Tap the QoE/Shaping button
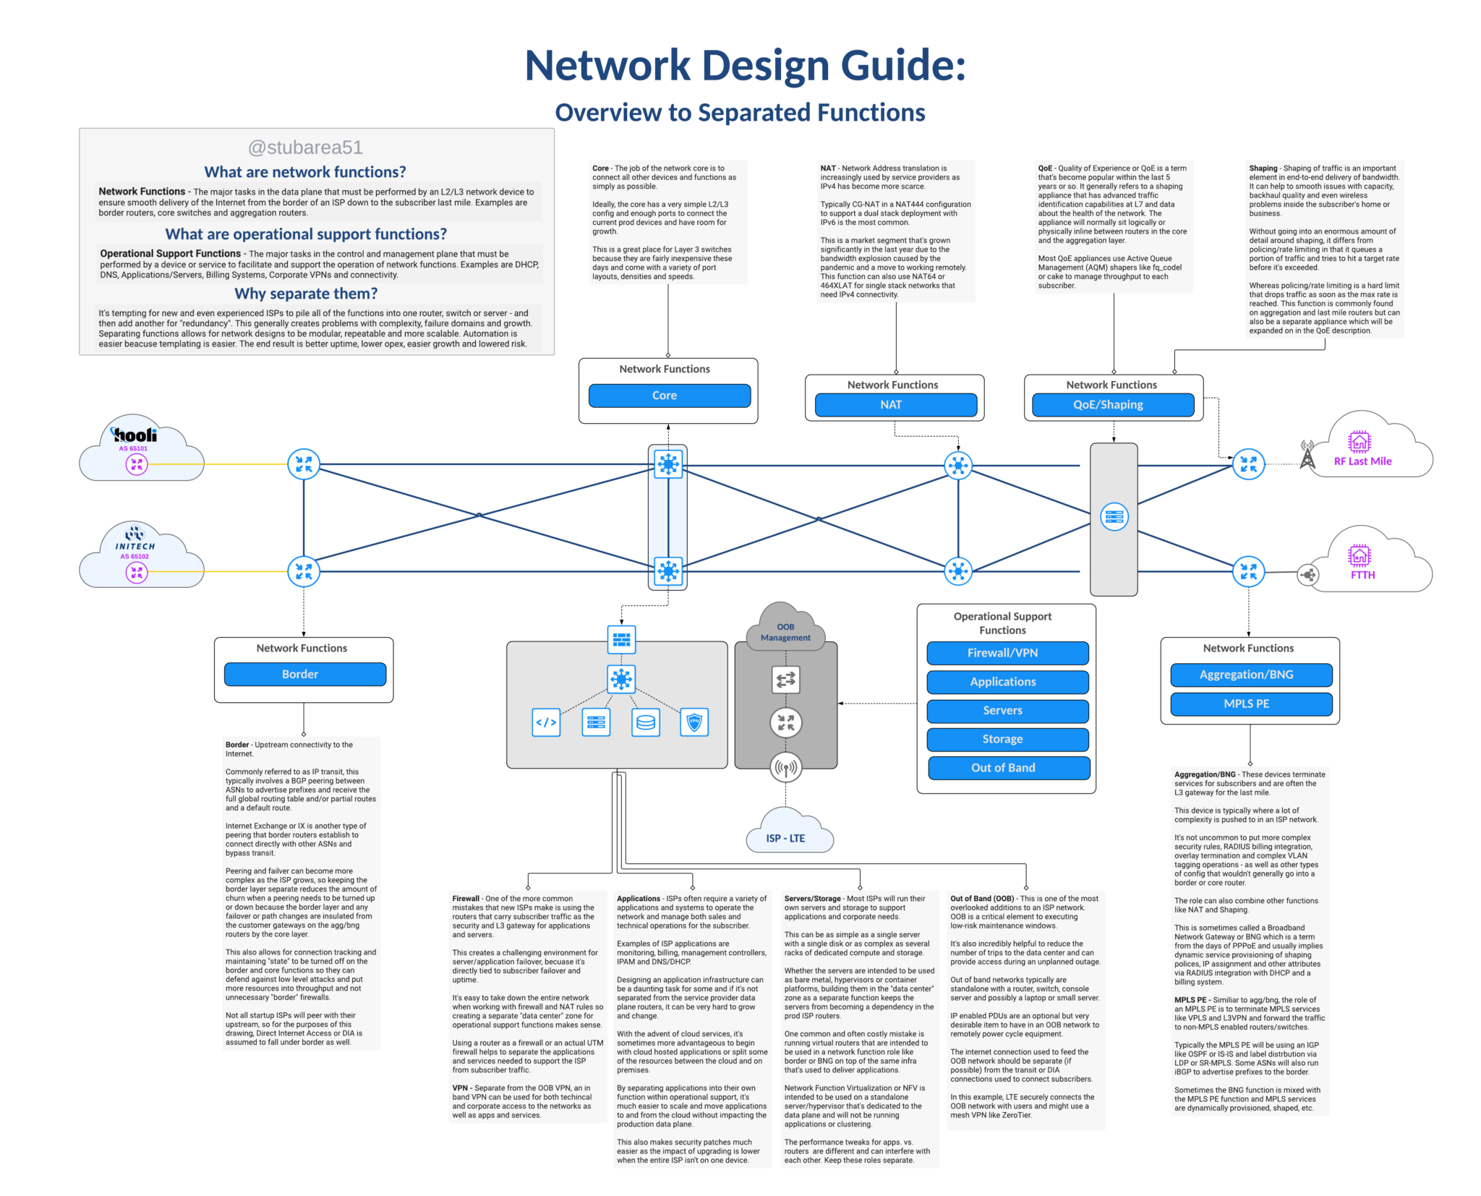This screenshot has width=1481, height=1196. pos(1112,405)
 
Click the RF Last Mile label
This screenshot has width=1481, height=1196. pos(1362,461)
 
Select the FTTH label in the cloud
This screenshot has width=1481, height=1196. pos(1362,575)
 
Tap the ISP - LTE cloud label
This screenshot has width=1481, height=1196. pos(785,838)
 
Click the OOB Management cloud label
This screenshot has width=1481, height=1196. pos(785,632)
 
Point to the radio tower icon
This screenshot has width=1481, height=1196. pos(1307,455)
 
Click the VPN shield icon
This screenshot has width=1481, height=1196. pos(694,722)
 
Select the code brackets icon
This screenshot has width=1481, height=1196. pos(546,722)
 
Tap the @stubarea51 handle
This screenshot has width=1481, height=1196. pos(305,148)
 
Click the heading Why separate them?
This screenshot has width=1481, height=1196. pos(306,294)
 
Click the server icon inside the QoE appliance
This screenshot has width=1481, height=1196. pos(1114,517)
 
